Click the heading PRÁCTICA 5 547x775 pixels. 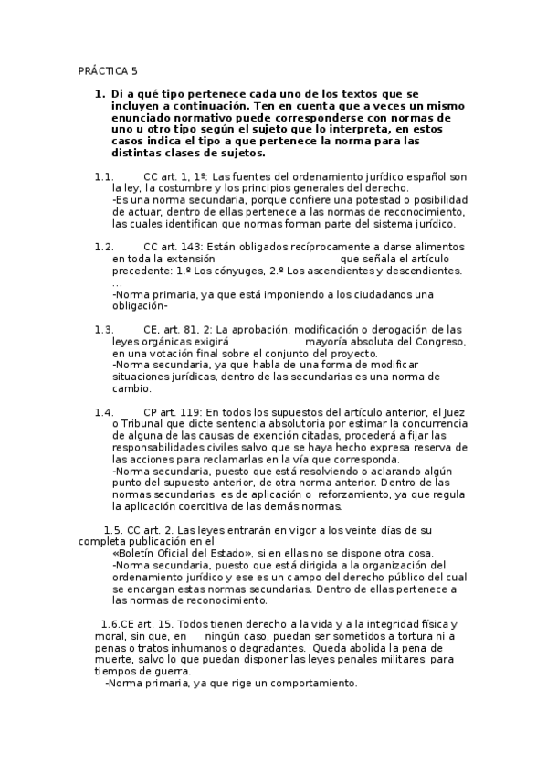click(x=107, y=70)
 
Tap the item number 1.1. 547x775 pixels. click(x=103, y=175)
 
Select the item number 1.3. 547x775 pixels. click(x=103, y=329)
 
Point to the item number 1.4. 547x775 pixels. click(x=103, y=412)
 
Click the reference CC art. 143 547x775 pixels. click(x=173, y=247)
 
